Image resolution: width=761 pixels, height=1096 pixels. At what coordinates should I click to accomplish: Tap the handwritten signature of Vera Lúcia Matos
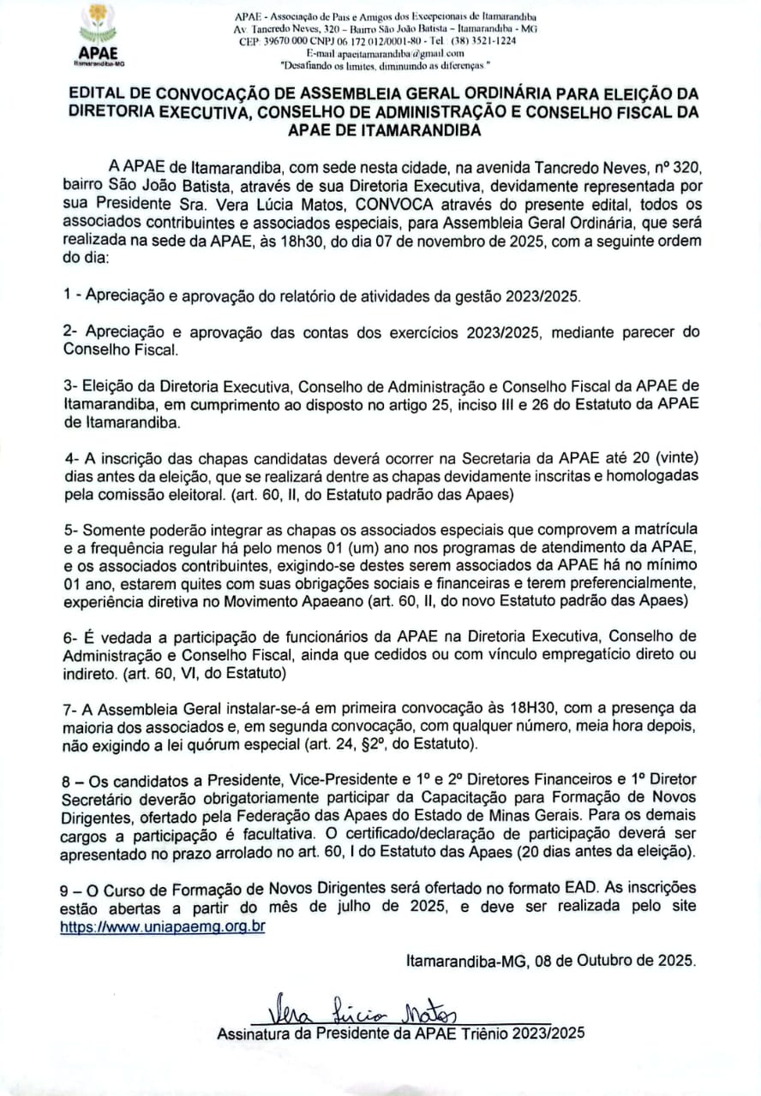tap(364, 1015)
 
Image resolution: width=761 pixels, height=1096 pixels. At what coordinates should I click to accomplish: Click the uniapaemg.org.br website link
tap(162, 926)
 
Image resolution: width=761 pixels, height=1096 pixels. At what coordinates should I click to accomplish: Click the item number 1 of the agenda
tap(67, 296)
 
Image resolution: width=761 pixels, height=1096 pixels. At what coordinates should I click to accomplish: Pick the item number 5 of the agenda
tap(67, 527)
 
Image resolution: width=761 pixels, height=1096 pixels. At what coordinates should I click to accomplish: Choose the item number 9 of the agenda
tap(67, 887)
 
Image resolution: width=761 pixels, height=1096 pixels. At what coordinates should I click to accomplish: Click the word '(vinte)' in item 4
tap(674, 457)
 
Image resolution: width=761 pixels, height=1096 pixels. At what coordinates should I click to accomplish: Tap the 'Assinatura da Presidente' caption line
tap(400, 1033)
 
